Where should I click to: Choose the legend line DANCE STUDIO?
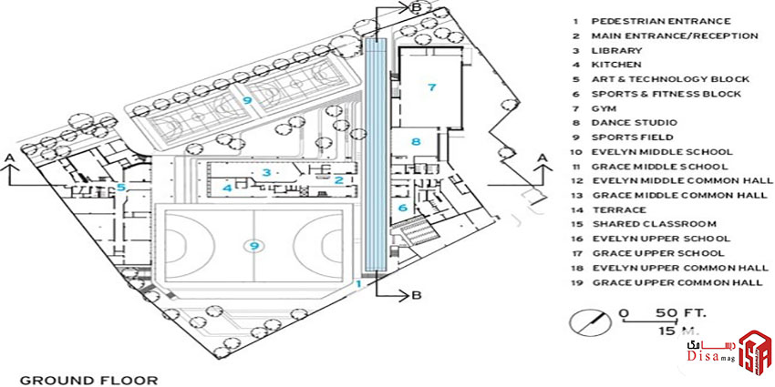tap(634, 123)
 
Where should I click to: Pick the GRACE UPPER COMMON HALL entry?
tap(676, 282)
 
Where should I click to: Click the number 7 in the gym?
tap(433, 87)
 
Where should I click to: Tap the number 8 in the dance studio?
tap(416, 141)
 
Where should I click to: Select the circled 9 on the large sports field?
tap(254, 244)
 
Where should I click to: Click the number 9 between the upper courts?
tap(246, 100)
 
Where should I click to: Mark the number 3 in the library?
tap(265, 171)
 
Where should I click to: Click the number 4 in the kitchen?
tap(227, 188)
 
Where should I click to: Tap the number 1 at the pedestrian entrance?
tap(358, 283)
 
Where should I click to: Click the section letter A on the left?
tap(11, 158)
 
